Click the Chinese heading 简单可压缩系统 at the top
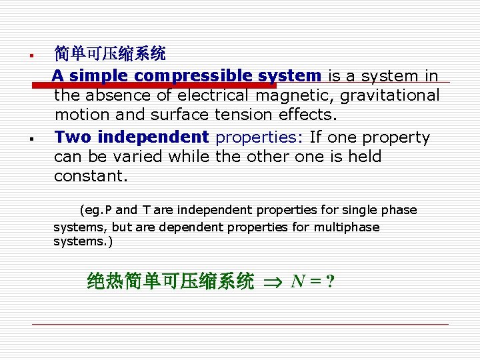click(x=110, y=53)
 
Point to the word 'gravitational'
click(x=390, y=95)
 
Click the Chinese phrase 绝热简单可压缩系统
click(x=171, y=281)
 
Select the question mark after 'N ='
click(x=330, y=281)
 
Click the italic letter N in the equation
click(x=298, y=281)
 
